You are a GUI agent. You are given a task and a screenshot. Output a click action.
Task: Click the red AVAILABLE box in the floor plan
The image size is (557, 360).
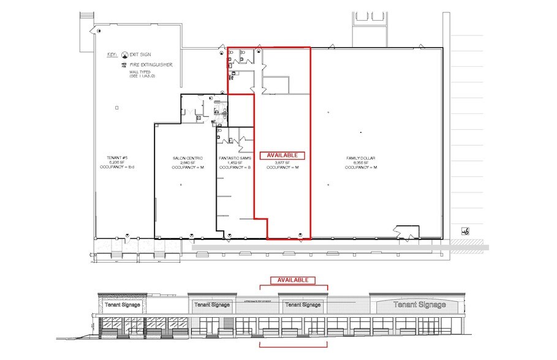[282, 156]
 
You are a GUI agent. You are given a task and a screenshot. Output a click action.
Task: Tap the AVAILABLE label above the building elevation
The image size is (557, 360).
[293, 280]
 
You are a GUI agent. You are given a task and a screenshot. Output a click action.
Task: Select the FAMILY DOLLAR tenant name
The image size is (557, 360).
[360, 158]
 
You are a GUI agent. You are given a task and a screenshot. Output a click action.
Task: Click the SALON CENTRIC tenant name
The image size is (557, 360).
[183, 158]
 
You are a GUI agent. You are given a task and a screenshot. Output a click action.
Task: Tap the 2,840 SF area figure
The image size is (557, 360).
[183, 163]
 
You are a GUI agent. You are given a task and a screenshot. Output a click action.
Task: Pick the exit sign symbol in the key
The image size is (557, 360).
[125, 54]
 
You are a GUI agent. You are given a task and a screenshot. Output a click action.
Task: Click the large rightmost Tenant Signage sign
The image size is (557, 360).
[419, 305]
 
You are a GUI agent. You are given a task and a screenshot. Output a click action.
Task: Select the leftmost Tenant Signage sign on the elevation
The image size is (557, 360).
[122, 304]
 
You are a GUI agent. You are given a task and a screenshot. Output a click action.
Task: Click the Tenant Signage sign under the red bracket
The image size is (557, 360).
[302, 304]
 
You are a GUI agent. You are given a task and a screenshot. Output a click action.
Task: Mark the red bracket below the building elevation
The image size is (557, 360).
[293, 345]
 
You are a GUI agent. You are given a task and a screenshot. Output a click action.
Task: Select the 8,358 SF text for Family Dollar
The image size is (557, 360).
[360, 163]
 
